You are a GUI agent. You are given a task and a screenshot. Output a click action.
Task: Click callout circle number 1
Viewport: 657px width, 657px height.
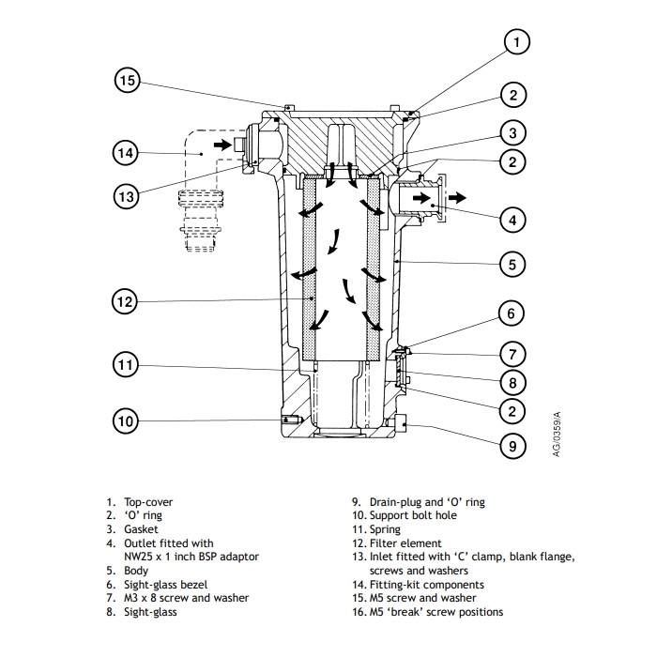click(x=517, y=41)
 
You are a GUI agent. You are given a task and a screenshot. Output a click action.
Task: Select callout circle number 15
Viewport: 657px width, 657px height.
click(x=129, y=81)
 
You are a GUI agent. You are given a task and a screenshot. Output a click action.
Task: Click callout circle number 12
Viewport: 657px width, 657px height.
click(x=126, y=302)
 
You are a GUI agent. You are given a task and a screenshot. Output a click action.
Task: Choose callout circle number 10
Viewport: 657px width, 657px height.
click(x=126, y=421)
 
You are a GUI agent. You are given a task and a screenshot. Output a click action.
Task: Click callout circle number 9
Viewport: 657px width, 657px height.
click(x=512, y=445)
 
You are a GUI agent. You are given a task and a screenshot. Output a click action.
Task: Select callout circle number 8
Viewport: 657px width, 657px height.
click(x=512, y=382)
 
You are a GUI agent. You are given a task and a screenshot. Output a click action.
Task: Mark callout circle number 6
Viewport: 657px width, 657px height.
click(x=512, y=313)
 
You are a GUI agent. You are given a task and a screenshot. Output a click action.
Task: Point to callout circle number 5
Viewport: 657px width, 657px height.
click(x=512, y=265)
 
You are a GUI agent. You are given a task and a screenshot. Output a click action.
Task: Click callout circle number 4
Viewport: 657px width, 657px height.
click(x=512, y=221)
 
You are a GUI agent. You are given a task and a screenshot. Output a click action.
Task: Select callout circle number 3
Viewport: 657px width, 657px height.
click(x=512, y=132)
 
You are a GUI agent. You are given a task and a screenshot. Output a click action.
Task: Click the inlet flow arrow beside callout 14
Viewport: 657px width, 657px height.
click(x=222, y=145)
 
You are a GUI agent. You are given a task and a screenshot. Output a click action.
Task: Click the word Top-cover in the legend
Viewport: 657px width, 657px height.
click(x=148, y=503)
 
